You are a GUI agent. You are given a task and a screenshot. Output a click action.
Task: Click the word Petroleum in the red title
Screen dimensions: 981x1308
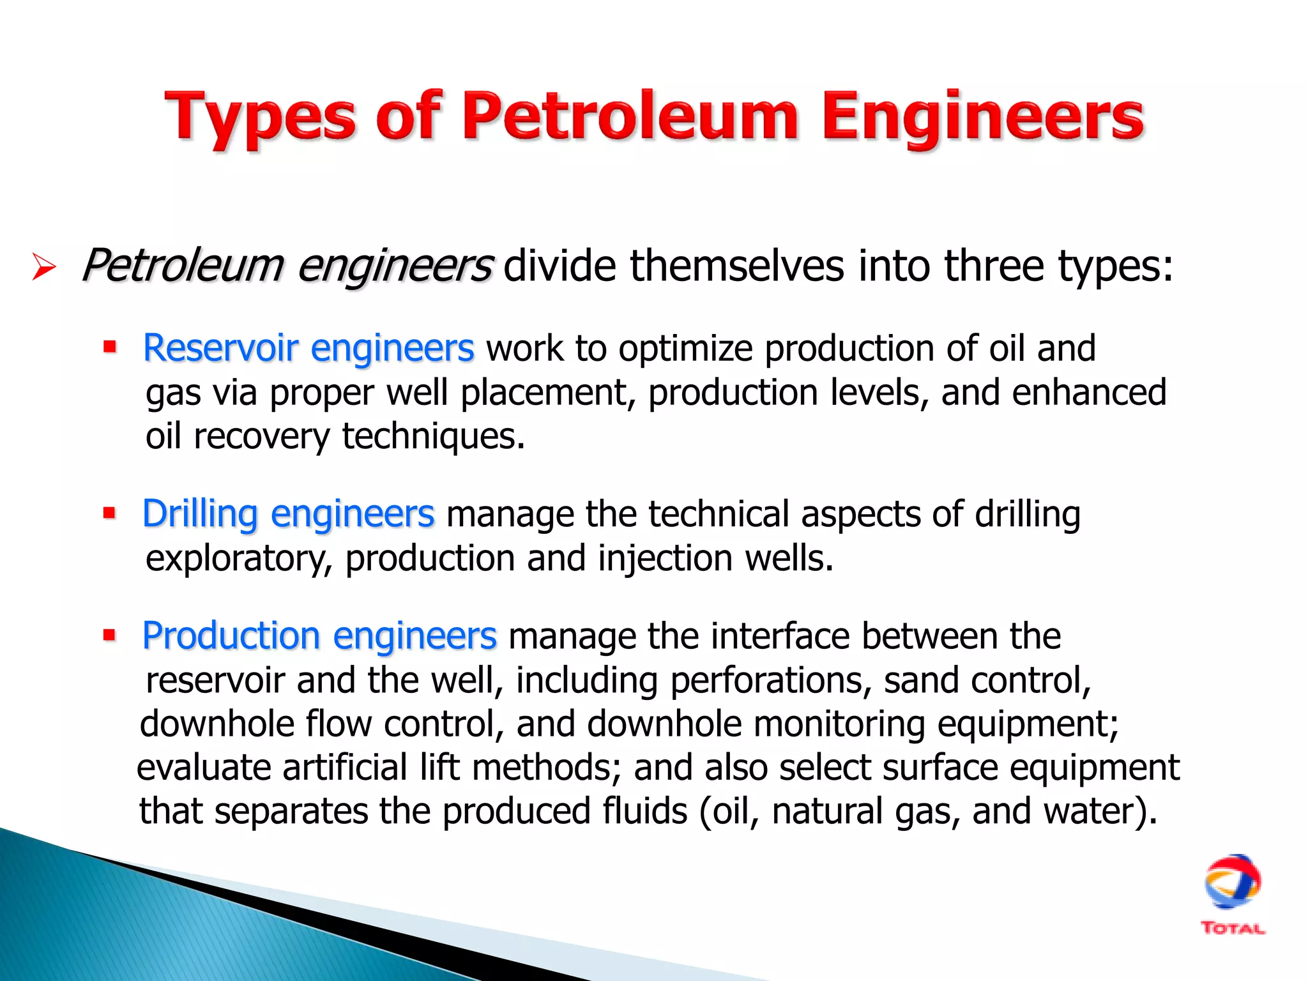(630, 116)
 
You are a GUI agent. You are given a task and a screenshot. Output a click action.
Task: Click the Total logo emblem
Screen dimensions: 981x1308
(1232, 881)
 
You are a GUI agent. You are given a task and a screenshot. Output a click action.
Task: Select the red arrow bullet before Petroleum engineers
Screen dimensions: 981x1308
(43, 267)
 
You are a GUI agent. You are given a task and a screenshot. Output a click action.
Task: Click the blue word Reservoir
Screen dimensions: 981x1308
(220, 348)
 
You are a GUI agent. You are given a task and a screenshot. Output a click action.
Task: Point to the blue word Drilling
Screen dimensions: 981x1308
(199, 513)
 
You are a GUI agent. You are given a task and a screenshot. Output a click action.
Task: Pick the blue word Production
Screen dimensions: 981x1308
(231, 636)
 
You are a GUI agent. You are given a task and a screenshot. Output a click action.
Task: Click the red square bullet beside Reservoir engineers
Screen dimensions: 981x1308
(110, 347)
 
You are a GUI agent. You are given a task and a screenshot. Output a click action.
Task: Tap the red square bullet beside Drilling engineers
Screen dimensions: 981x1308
(110, 512)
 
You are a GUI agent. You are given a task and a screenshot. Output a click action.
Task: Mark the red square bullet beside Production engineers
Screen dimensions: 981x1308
(110, 635)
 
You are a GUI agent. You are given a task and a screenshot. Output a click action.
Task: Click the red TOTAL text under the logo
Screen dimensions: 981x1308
(1233, 929)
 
